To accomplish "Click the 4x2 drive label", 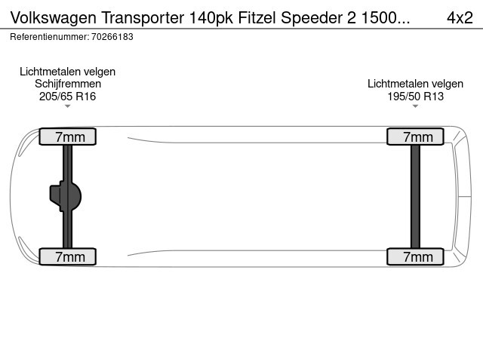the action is point(460,17).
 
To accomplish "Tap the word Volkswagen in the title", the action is point(54,19).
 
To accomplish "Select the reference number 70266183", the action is point(112,37).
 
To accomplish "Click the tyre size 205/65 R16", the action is point(67,97).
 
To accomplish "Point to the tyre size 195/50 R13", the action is point(415,97).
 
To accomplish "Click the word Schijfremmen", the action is point(68,84).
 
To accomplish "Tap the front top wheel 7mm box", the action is point(67,137).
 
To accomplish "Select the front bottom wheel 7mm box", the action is point(67,256).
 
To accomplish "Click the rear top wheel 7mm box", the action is point(415,137).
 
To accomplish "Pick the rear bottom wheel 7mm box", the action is point(415,256).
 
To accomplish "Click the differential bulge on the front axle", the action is point(66,196).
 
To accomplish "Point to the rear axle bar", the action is point(415,196).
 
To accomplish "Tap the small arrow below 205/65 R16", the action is point(67,106).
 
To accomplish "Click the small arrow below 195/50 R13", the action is point(415,106).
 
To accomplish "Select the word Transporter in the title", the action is point(143,18).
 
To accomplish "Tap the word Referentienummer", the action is point(50,37).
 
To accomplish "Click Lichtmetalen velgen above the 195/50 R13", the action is point(415,84).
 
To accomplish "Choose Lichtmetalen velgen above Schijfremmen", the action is point(67,72).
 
